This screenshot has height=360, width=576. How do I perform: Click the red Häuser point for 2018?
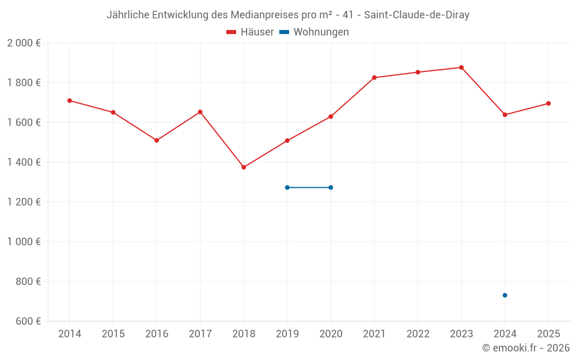[244, 167]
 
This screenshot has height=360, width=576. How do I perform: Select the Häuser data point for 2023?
[461, 67]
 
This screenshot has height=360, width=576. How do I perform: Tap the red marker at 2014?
[70, 101]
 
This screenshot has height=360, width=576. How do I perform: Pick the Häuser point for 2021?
[374, 78]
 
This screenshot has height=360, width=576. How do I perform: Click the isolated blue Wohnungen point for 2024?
[505, 295]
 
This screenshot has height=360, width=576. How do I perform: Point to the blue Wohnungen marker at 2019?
[287, 188]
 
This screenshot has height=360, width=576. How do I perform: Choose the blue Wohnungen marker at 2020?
[331, 188]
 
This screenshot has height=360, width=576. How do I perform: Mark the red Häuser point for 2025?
[548, 104]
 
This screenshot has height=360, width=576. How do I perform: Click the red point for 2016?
[157, 141]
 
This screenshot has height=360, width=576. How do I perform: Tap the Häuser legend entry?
[250, 32]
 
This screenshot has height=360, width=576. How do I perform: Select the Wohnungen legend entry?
[314, 32]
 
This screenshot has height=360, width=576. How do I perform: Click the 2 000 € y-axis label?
[24, 43]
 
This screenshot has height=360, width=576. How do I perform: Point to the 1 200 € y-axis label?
[24, 202]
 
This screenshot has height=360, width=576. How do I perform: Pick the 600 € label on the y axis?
[28, 321]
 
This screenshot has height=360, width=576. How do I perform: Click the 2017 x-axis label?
[200, 334]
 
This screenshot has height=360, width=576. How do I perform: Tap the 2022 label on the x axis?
[418, 334]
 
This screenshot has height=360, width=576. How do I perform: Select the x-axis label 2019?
[287, 334]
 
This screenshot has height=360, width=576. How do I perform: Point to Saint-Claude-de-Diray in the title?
[416, 15]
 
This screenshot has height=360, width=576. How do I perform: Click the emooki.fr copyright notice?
[526, 347]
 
